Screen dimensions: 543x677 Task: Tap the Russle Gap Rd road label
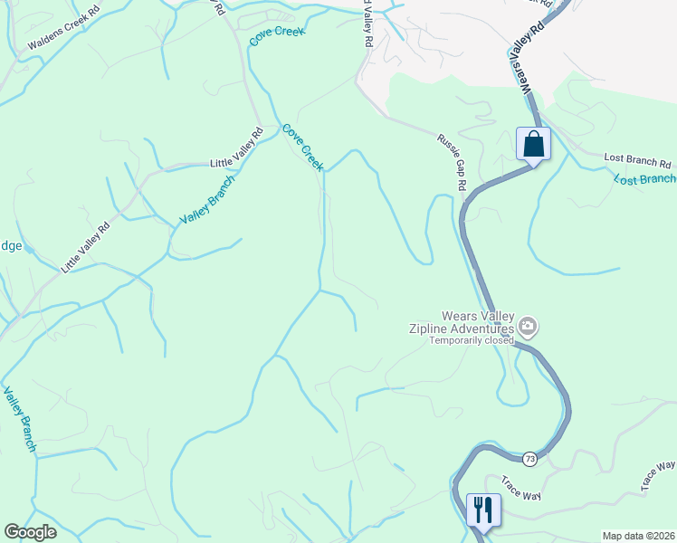(x=451, y=162)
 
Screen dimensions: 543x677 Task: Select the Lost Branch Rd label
(x=638, y=163)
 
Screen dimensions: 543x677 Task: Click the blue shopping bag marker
(x=533, y=144)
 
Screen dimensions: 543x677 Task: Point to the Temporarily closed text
(x=471, y=341)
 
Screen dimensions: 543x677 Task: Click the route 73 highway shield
(x=529, y=460)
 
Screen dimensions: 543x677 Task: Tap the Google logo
(x=30, y=532)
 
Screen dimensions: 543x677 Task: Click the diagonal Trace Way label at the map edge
(x=658, y=475)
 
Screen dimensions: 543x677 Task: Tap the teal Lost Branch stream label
(x=644, y=179)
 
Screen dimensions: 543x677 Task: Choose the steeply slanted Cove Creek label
(x=302, y=148)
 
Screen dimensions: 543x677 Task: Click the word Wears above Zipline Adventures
(x=458, y=317)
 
